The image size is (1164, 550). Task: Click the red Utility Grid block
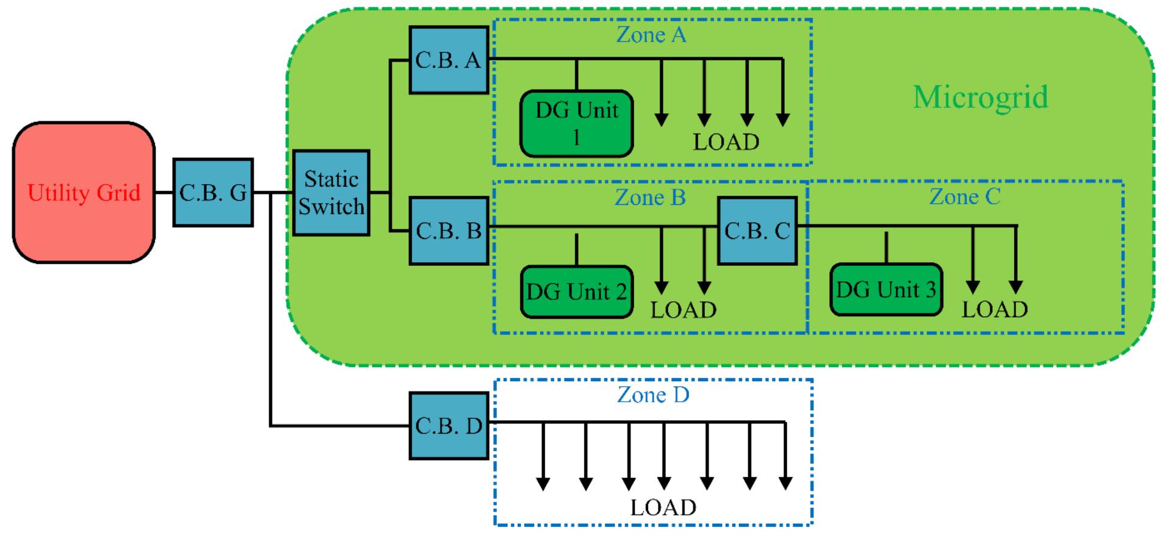coord(84,193)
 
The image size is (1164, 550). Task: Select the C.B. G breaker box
coord(213,193)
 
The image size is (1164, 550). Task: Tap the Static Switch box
coord(331,193)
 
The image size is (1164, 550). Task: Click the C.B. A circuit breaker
coord(448,60)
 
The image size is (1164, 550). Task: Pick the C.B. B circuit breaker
coord(448,230)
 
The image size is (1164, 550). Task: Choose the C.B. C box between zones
coord(757,230)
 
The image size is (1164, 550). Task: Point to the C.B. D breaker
coord(448,426)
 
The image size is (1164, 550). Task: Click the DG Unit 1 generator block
coord(576,124)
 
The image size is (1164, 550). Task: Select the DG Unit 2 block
coord(576,292)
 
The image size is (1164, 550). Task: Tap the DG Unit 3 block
coord(885,290)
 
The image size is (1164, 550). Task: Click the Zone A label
coord(651,35)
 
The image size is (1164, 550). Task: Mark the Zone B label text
coord(650,198)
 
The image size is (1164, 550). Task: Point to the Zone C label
coord(965,197)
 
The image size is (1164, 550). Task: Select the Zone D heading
coord(652,395)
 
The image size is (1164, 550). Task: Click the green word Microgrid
coord(980,97)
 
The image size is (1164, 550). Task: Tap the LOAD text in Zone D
coord(663,507)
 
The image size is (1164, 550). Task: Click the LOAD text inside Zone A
coord(726,142)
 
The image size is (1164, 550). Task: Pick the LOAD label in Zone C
coord(994,310)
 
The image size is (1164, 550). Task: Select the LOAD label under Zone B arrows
coord(683,310)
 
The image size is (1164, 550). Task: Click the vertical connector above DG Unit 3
coord(886,247)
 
